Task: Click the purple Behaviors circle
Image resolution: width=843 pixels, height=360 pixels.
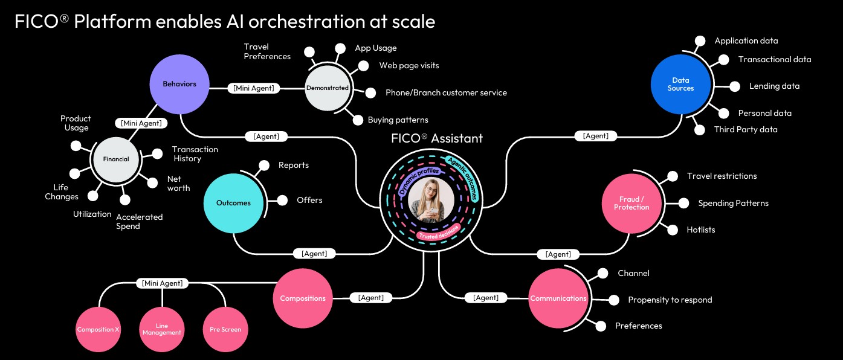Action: (x=179, y=85)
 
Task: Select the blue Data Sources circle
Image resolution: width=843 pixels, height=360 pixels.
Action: (x=681, y=85)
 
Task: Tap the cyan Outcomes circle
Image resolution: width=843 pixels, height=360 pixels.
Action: (x=233, y=203)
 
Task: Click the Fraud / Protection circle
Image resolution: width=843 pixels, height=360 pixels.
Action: (x=631, y=203)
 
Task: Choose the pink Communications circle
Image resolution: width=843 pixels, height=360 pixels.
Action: (x=558, y=298)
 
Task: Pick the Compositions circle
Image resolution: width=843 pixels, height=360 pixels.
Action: (x=303, y=298)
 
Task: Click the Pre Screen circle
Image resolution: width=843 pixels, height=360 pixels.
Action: (x=225, y=330)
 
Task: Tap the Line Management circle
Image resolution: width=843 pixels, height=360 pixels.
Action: (x=162, y=330)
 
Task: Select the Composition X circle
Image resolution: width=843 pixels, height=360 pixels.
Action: (x=99, y=330)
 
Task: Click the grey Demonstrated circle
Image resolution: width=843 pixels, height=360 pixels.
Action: (x=328, y=88)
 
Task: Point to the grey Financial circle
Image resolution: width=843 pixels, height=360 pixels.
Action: (x=116, y=159)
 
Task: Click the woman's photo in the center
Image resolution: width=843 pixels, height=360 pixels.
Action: (x=431, y=201)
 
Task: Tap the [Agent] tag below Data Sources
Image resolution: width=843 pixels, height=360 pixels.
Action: (x=596, y=136)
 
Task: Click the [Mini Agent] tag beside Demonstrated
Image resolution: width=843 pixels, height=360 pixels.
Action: (x=254, y=88)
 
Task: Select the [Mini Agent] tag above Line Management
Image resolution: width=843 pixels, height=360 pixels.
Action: (x=162, y=283)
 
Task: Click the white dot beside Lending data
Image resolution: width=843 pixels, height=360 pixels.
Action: (x=735, y=86)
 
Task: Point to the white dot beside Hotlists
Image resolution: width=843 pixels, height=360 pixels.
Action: (x=673, y=230)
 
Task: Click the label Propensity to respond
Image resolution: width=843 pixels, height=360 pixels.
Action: (x=670, y=300)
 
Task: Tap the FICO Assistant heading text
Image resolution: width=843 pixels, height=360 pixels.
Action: (x=436, y=138)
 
